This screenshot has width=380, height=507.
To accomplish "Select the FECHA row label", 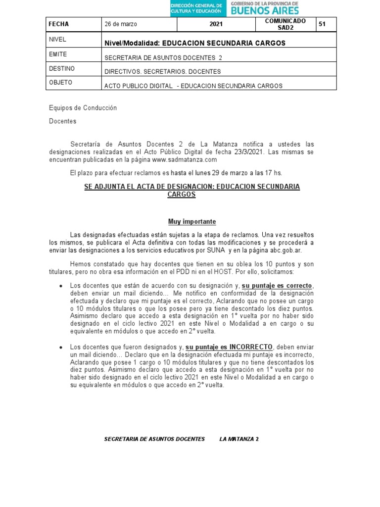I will point(59,24).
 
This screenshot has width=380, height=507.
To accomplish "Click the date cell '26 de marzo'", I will point(120,24).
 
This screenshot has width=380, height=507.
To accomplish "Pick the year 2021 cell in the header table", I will point(216,24).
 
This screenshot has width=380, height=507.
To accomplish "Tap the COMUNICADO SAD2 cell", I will point(285,24).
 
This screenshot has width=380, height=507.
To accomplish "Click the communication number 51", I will point(322,24).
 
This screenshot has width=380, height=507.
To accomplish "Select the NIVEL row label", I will point(58,39).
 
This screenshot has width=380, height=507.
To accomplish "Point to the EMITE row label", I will point(58,54).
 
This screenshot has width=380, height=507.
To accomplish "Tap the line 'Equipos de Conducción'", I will point(83,108).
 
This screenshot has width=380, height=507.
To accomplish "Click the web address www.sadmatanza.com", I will point(185,160).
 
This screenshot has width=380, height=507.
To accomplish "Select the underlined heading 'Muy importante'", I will point(189,221).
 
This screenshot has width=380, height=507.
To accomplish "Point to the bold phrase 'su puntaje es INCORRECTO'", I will point(229,347).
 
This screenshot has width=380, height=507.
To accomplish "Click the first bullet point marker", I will point(60,286).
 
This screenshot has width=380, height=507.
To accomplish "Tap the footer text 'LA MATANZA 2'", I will point(239,439).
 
